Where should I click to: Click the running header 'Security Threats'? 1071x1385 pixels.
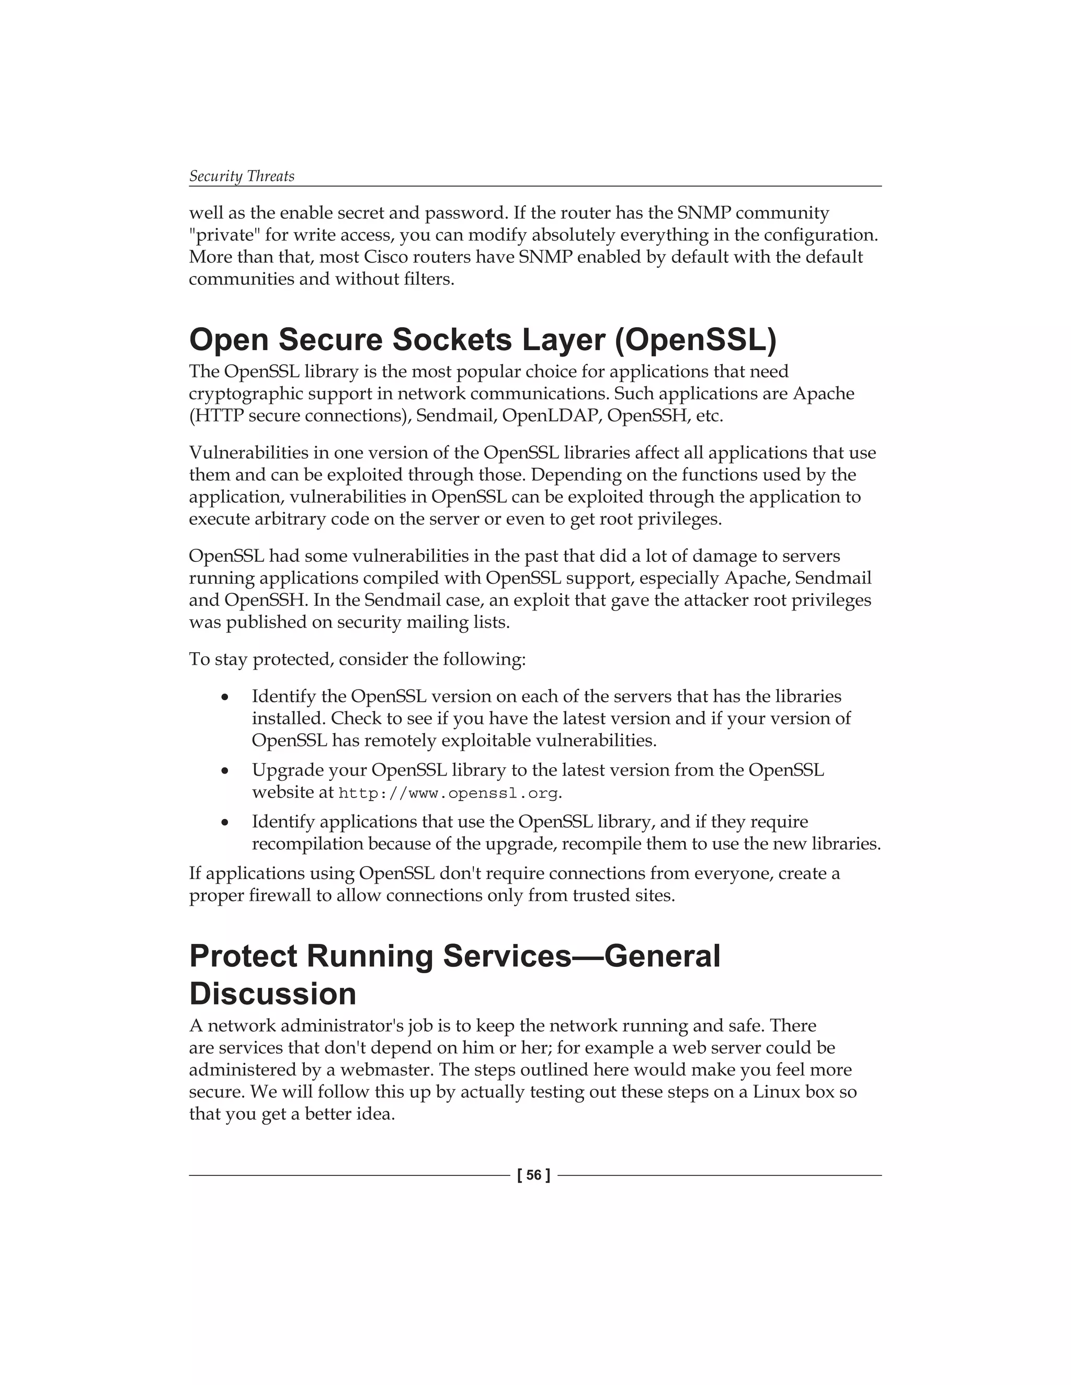click(x=242, y=176)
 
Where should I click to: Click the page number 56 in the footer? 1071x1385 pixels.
click(x=533, y=1175)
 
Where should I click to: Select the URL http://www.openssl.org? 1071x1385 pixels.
click(x=449, y=793)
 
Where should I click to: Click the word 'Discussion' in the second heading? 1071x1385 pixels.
click(x=273, y=993)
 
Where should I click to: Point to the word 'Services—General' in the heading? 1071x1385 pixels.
click(x=582, y=956)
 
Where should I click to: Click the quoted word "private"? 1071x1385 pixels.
click(x=224, y=235)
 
